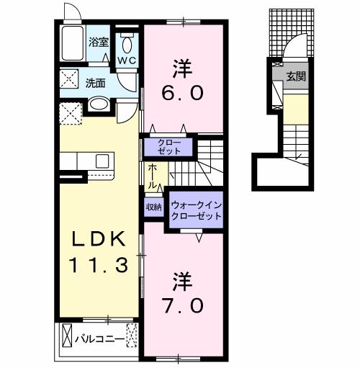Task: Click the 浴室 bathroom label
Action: coord(99,43)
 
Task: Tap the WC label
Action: coord(127,60)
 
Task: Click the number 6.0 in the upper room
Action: coord(181,94)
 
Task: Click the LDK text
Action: coord(100,238)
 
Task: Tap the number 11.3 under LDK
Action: coord(99,265)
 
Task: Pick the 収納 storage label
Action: coord(154,207)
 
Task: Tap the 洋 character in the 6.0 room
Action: coord(181,68)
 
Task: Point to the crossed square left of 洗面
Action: coord(71,78)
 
